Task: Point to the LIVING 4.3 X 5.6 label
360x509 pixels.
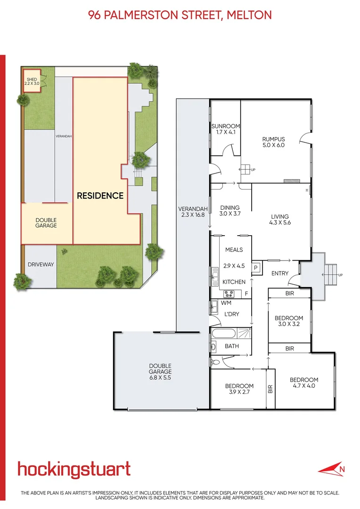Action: (x=280, y=220)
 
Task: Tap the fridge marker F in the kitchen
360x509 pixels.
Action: (x=246, y=294)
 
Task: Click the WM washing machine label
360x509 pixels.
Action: (x=226, y=303)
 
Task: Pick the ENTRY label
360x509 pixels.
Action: (x=280, y=273)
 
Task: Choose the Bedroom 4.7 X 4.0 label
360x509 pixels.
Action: (x=303, y=383)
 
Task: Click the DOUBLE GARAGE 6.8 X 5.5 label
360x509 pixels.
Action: (x=160, y=371)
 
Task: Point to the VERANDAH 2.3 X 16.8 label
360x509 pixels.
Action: (x=193, y=212)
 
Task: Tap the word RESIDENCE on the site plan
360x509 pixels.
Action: (x=100, y=196)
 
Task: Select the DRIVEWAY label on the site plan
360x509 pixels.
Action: (x=41, y=264)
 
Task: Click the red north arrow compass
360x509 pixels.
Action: (x=332, y=469)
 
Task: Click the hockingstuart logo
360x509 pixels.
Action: (x=74, y=470)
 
